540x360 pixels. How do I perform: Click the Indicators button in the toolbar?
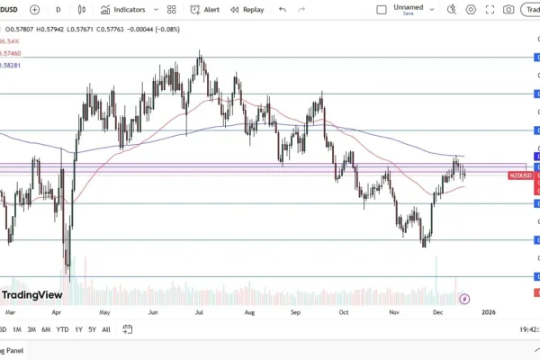pyautogui.click(x=122, y=9)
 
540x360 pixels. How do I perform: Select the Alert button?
pyautogui.click(x=204, y=9)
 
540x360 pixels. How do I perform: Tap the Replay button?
pyautogui.click(x=247, y=9)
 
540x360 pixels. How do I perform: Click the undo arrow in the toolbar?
pyautogui.click(x=283, y=9)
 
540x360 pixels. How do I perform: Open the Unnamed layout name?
pyautogui.click(x=408, y=7)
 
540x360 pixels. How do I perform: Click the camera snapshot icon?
pyautogui.click(x=508, y=9)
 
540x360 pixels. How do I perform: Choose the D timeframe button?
pyautogui.click(x=58, y=9)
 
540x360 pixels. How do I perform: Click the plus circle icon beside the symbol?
pyautogui.click(x=34, y=9)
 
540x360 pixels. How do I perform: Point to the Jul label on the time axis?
pyautogui.click(x=198, y=312)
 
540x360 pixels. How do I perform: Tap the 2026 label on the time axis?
pyautogui.click(x=488, y=312)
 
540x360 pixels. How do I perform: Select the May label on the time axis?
pyautogui.click(x=104, y=312)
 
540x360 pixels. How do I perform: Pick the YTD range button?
pyautogui.click(x=62, y=329)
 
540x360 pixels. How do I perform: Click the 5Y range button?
pyautogui.click(x=92, y=329)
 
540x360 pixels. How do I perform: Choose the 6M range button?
pyautogui.click(x=45, y=329)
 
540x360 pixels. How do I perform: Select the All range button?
pyautogui.click(x=106, y=329)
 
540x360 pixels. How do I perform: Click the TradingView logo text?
pyautogui.click(x=32, y=294)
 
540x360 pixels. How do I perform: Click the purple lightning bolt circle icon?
pyautogui.click(x=464, y=298)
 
